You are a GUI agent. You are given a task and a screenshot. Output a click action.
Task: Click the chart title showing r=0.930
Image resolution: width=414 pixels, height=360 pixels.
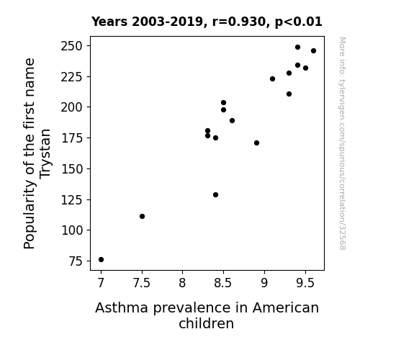[207, 22]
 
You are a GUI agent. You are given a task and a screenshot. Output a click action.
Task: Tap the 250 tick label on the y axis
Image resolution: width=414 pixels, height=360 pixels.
[72, 46]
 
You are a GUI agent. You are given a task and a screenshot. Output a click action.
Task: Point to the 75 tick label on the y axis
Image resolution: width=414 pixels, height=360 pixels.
[76, 261]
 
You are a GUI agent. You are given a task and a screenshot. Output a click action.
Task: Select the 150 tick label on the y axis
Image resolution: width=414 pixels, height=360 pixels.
[72, 169]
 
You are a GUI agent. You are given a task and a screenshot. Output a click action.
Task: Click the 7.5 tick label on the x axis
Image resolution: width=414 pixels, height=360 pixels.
[142, 283]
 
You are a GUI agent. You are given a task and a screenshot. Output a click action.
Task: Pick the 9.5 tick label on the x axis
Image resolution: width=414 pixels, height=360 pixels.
[305, 283]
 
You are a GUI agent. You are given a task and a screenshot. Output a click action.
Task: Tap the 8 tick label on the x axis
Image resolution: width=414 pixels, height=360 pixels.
[182, 283]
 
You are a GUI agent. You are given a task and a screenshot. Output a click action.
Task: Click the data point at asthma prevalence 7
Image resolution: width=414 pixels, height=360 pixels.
[101, 260]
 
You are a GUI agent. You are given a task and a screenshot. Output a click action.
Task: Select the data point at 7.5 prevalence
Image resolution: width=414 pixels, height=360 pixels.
[142, 216]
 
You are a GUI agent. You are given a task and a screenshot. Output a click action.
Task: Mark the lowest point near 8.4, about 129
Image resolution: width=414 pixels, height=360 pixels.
[215, 194]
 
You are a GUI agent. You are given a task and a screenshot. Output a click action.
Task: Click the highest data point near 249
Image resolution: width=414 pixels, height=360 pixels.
[297, 48]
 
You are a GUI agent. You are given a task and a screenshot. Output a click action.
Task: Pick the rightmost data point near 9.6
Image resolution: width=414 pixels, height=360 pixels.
[313, 50]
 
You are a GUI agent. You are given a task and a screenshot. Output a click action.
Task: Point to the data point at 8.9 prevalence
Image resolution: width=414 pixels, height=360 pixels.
[256, 143]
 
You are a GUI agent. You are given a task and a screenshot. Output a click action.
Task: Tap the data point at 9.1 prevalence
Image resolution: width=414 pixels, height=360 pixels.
[272, 78]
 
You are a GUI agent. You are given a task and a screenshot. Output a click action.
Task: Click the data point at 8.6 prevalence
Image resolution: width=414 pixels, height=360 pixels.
[232, 120]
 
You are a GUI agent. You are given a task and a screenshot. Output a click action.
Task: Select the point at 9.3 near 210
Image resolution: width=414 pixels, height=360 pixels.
[289, 94]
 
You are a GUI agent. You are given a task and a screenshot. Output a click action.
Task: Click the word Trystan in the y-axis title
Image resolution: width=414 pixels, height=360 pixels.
[45, 154]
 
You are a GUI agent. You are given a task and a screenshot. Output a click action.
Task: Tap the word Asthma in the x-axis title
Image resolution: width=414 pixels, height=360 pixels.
[122, 307]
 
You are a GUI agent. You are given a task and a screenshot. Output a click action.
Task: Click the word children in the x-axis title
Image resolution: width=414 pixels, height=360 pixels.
[206, 323]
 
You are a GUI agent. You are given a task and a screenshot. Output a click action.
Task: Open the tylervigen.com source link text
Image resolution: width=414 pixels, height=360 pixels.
[342, 143]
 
